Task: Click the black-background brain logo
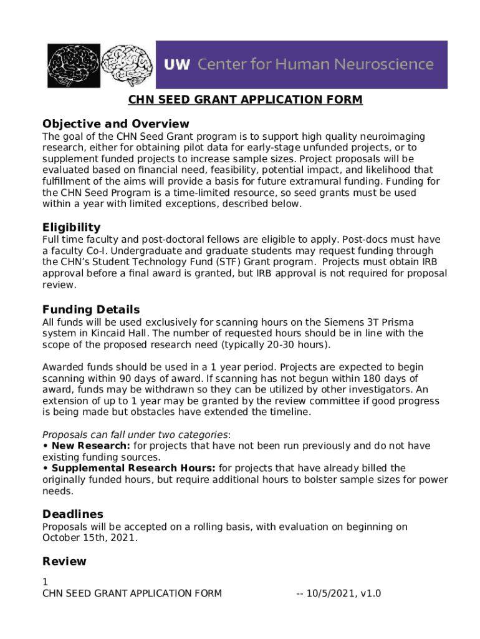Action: click(74, 65)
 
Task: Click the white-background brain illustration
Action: click(127, 64)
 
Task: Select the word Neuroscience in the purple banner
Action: click(385, 64)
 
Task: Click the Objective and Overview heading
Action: click(115, 124)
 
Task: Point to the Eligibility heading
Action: click(71, 227)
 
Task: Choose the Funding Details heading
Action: click(91, 310)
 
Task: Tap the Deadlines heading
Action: click(73, 514)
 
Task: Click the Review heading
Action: click(64, 561)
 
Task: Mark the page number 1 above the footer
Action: click(45, 582)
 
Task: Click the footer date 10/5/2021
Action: click(331, 593)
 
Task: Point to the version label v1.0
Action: click(369, 593)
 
